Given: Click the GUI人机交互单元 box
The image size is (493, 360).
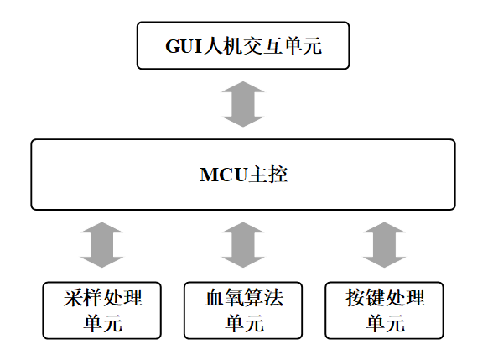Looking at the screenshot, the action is tap(243, 45).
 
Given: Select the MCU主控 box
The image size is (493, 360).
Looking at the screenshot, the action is tap(243, 175).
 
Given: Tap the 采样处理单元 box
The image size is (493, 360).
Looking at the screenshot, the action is tap(102, 310).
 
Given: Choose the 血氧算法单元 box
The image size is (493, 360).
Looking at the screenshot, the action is tap(243, 310).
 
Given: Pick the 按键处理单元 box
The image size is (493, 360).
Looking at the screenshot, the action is tap(384, 310).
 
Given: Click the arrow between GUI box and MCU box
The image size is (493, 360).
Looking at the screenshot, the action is tap(243, 104).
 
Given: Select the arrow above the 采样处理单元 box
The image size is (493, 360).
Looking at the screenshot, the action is tap(102, 245).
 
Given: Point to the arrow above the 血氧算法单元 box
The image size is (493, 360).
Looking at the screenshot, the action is tap(243, 245).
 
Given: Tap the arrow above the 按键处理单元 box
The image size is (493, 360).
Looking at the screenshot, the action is tap(384, 245).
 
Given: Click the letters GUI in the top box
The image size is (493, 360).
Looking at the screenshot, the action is tap(184, 47).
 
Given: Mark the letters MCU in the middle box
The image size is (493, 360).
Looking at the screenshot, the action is tap(223, 175).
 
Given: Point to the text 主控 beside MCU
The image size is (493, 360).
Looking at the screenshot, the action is tap(267, 175).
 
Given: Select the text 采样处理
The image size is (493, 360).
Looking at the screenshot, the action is tap(103, 297).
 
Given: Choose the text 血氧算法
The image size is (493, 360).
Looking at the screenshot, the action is tap(244, 297).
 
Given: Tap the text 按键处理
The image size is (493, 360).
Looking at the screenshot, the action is tap(385, 297).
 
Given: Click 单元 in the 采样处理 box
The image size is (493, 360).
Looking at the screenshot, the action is tap(103, 323).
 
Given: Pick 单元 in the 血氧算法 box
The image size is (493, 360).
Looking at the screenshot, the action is tap(244, 323).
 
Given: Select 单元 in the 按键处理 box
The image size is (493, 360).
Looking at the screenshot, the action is tap(385, 323).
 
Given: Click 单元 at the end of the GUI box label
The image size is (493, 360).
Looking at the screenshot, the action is tap(302, 46).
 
